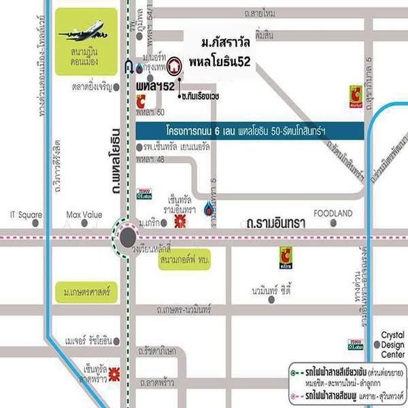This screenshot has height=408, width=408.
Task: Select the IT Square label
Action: click(26, 214)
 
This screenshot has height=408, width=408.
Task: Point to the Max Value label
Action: click(84, 214)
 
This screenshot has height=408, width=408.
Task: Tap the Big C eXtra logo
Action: click(286, 257)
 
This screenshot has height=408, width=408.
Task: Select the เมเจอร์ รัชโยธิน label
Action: click(88, 339)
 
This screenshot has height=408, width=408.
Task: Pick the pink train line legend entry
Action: click(340, 394)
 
